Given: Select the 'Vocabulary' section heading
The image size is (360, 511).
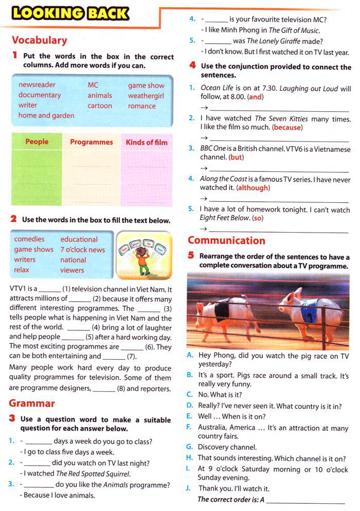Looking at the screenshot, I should point(40,40).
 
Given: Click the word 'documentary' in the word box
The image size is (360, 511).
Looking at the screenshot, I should point(40,95).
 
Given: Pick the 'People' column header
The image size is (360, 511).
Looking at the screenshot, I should point(37,142).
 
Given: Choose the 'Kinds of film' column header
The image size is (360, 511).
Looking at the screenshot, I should point(147,143).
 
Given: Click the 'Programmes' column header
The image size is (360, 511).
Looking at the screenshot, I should point(92,142).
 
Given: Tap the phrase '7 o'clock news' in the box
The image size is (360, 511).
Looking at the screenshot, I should point(82,250).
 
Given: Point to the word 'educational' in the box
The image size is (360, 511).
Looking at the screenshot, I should point(79,239).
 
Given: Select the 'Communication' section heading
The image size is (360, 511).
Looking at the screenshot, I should point(226,240).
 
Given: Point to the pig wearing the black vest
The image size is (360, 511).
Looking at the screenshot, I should point(226,314).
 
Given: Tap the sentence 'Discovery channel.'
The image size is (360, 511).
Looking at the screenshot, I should point(227,447).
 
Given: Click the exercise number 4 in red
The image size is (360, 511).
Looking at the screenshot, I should point(192,65).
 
